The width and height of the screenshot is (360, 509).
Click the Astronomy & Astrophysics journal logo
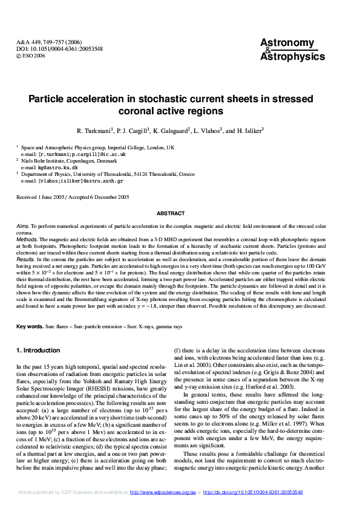287,49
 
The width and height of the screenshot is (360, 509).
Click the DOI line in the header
50,48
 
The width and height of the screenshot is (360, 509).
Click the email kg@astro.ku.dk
57,167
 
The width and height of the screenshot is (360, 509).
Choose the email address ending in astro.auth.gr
81,181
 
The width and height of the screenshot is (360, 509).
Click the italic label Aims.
22,225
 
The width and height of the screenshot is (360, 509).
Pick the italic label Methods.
27,239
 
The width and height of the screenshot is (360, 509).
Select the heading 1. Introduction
38,351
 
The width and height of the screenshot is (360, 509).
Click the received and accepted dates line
73,197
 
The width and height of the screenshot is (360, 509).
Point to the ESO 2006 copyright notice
31,55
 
